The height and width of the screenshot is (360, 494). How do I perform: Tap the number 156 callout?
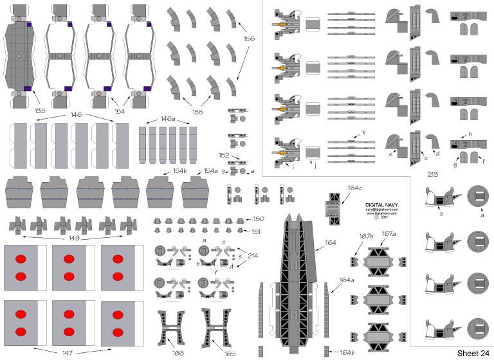[x=250, y=39]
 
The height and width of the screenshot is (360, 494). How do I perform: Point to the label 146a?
[x=169, y=119]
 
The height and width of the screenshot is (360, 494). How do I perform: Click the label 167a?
[x=389, y=233]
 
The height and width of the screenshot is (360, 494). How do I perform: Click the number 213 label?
[x=432, y=174]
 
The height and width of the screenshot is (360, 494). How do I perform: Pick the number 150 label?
[x=259, y=219]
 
